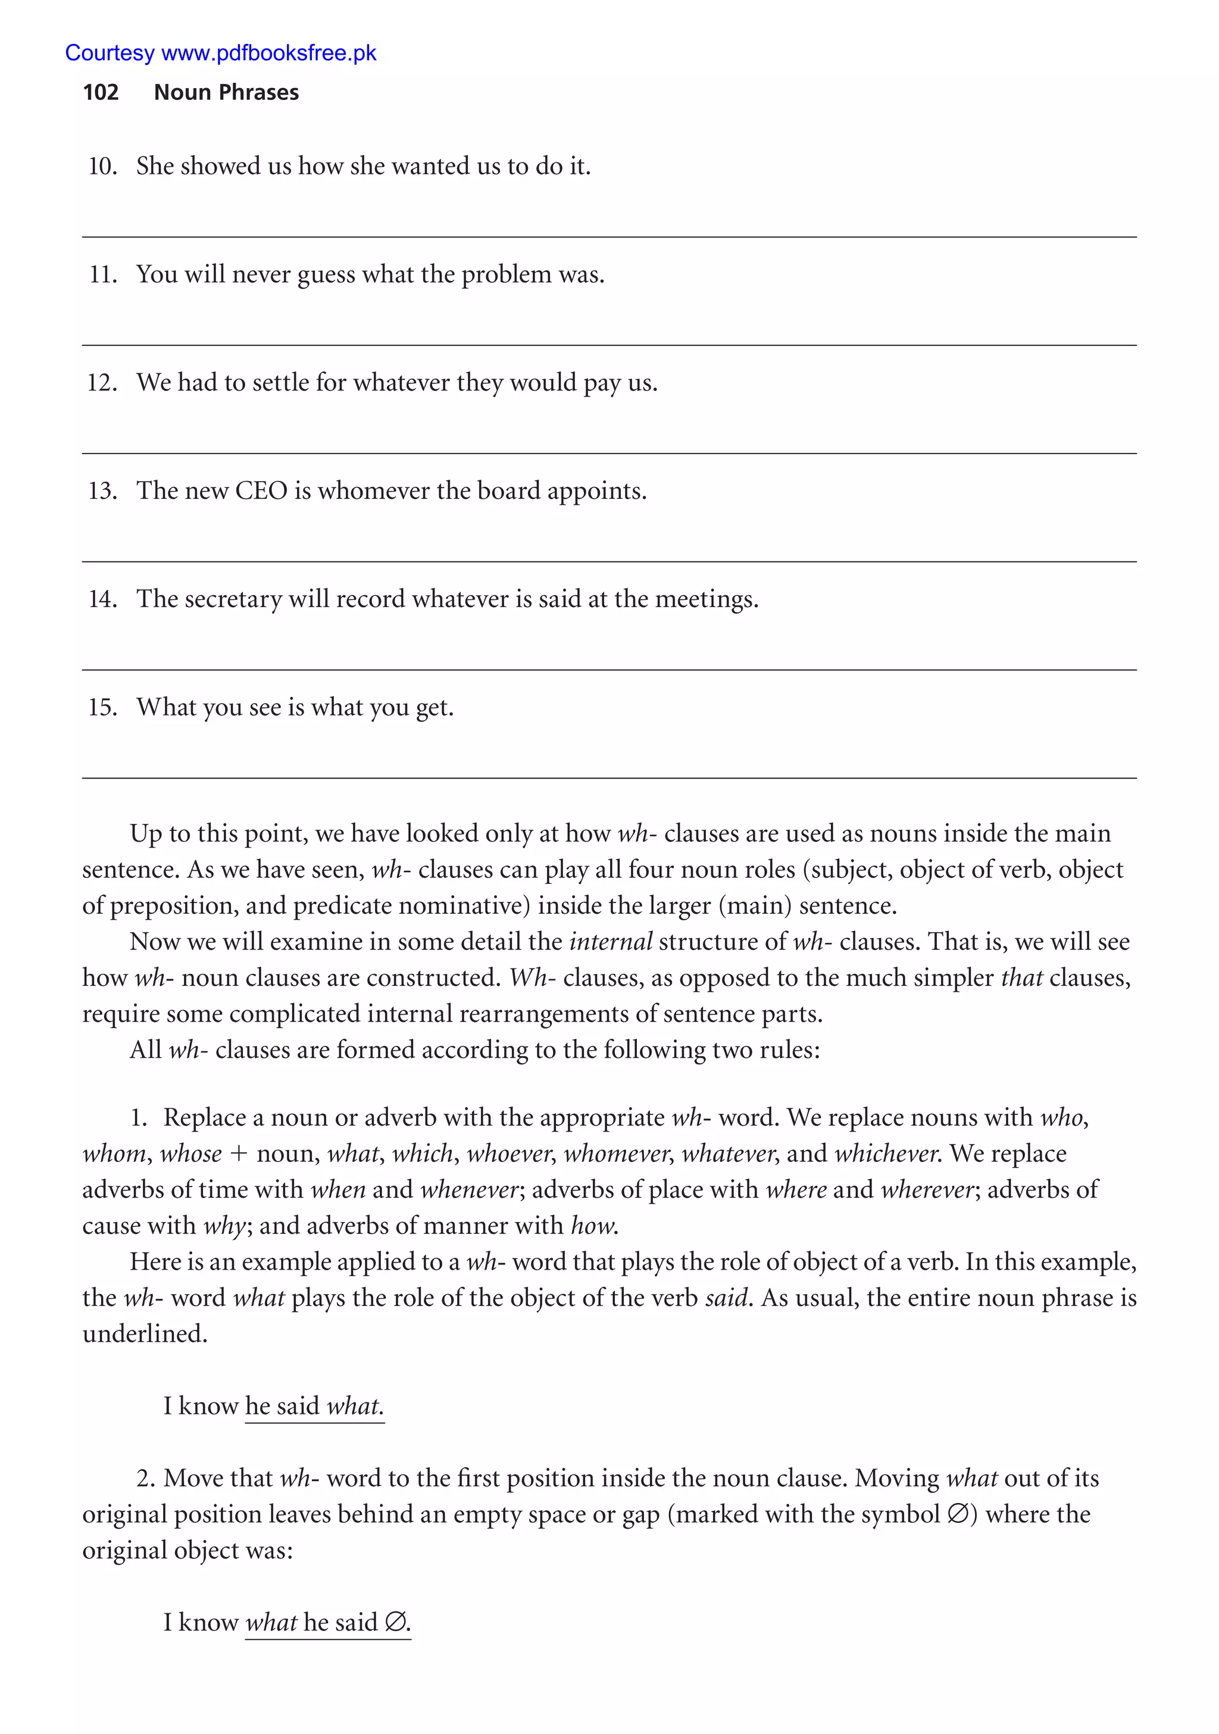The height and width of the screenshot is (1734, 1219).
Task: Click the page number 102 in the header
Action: click(101, 92)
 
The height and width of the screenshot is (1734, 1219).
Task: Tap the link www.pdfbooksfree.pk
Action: click(269, 53)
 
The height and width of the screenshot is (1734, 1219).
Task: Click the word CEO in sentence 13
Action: click(261, 491)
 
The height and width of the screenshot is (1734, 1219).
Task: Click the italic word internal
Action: click(610, 942)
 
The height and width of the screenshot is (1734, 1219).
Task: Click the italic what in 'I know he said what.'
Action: click(355, 1406)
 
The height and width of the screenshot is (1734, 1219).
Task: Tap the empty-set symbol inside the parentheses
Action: click(957, 1514)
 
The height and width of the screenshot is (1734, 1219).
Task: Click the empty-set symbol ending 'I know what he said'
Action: click(395, 1622)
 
